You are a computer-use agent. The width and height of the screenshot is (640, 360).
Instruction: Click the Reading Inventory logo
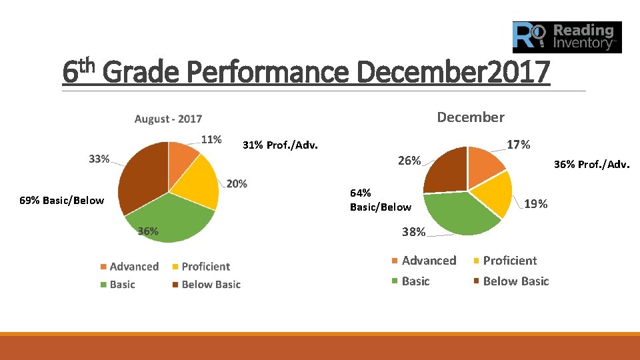point(567,37)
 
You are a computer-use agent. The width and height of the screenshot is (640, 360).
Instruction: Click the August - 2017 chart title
point(168,119)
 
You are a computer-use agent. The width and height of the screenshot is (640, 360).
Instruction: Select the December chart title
point(470,117)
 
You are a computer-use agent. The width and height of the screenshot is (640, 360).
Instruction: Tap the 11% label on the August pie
point(211,140)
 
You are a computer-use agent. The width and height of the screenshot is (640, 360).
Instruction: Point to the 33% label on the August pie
point(99,159)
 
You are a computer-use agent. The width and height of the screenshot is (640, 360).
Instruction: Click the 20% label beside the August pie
point(237,183)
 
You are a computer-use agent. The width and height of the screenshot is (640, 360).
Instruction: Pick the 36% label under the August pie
point(148,231)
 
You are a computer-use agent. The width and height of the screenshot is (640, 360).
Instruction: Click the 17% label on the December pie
point(518,145)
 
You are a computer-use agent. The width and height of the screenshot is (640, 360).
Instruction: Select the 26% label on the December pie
point(409,161)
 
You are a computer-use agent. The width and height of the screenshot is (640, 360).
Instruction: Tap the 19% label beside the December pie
point(536,204)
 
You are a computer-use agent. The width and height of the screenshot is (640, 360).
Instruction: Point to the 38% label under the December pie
point(413,232)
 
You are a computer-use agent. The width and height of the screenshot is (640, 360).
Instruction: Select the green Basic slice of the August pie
point(170,217)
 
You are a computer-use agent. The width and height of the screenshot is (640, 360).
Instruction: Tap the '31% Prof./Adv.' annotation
point(280,145)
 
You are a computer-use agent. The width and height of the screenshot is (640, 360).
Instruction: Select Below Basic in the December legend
point(515,281)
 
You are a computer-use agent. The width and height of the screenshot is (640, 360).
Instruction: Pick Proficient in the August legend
point(205,267)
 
